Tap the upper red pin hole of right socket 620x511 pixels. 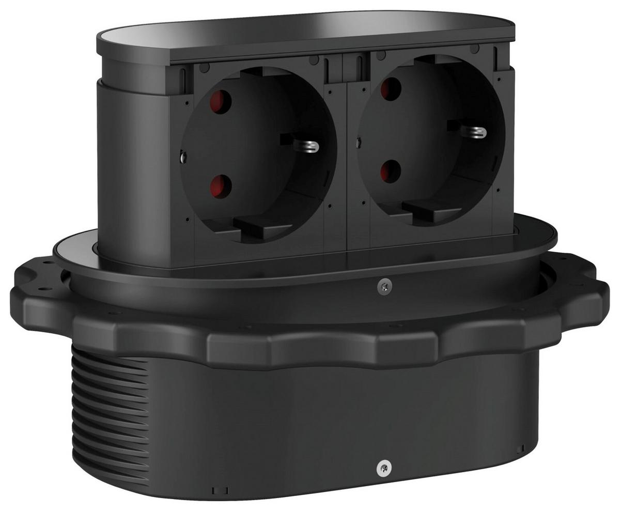click(x=391, y=88)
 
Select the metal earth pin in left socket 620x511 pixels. click(x=308, y=146)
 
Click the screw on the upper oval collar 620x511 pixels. click(x=384, y=287)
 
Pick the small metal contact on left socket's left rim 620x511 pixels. click(x=182, y=156)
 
